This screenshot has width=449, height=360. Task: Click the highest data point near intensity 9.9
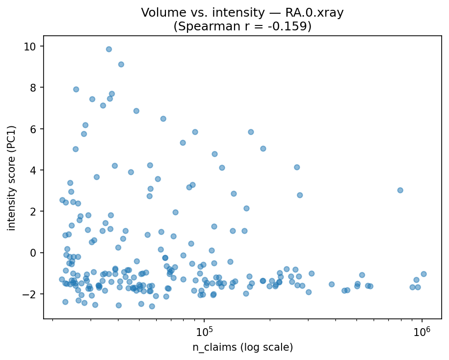pos(109,49)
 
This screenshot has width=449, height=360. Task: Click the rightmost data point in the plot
pos(424,274)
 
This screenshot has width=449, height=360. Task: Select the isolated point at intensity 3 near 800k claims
pos(400,190)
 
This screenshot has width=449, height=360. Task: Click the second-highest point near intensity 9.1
pos(121,64)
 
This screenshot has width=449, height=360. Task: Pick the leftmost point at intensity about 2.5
pos(62,200)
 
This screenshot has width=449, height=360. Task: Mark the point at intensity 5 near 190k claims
pos(263,148)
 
